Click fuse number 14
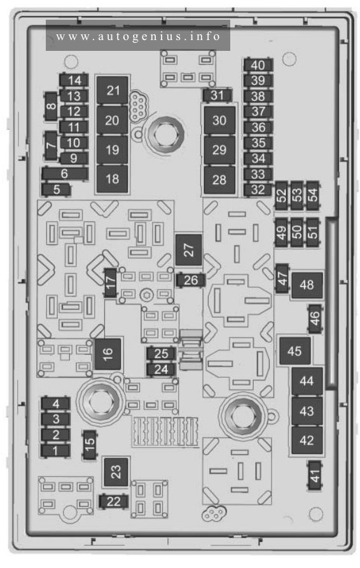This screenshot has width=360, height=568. pyautogui.click(x=74, y=80)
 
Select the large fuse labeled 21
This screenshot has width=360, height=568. pyautogui.click(x=113, y=90)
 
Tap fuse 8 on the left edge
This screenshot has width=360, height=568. pyautogui.click(x=51, y=106)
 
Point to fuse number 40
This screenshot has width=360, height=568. pyautogui.click(x=258, y=66)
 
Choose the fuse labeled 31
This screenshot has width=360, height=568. pyautogui.click(x=217, y=95)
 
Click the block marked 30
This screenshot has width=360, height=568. pyautogui.click(x=219, y=120)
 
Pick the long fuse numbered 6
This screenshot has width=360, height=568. pyautogui.click(x=65, y=174)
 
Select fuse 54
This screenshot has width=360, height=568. pyautogui.click(x=312, y=195)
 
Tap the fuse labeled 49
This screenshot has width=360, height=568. pyautogui.click(x=281, y=232)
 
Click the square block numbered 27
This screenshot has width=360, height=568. pyautogui.click(x=188, y=250)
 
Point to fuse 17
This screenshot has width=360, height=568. pyautogui.click(x=111, y=283)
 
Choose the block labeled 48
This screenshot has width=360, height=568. pyautogui.click(x=307, y=285)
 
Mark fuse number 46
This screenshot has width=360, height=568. pyautogui.click(x=315, y=319)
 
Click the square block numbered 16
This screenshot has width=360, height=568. pyautogui.click(x=107, y=354)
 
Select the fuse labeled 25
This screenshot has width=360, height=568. pyautogui.click(x=161, y=353)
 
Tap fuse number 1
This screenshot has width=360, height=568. pyautogui.click(x=55, y=451)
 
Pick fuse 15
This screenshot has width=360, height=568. pyautogui.click(x=90, y=445)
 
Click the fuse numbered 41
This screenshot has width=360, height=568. pyautogui.click(x=315, y=476)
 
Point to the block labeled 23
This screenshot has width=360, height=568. pyautogui.click(x=116, y=472)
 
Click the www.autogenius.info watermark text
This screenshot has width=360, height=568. pyautogui.click(x=138, y=37)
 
